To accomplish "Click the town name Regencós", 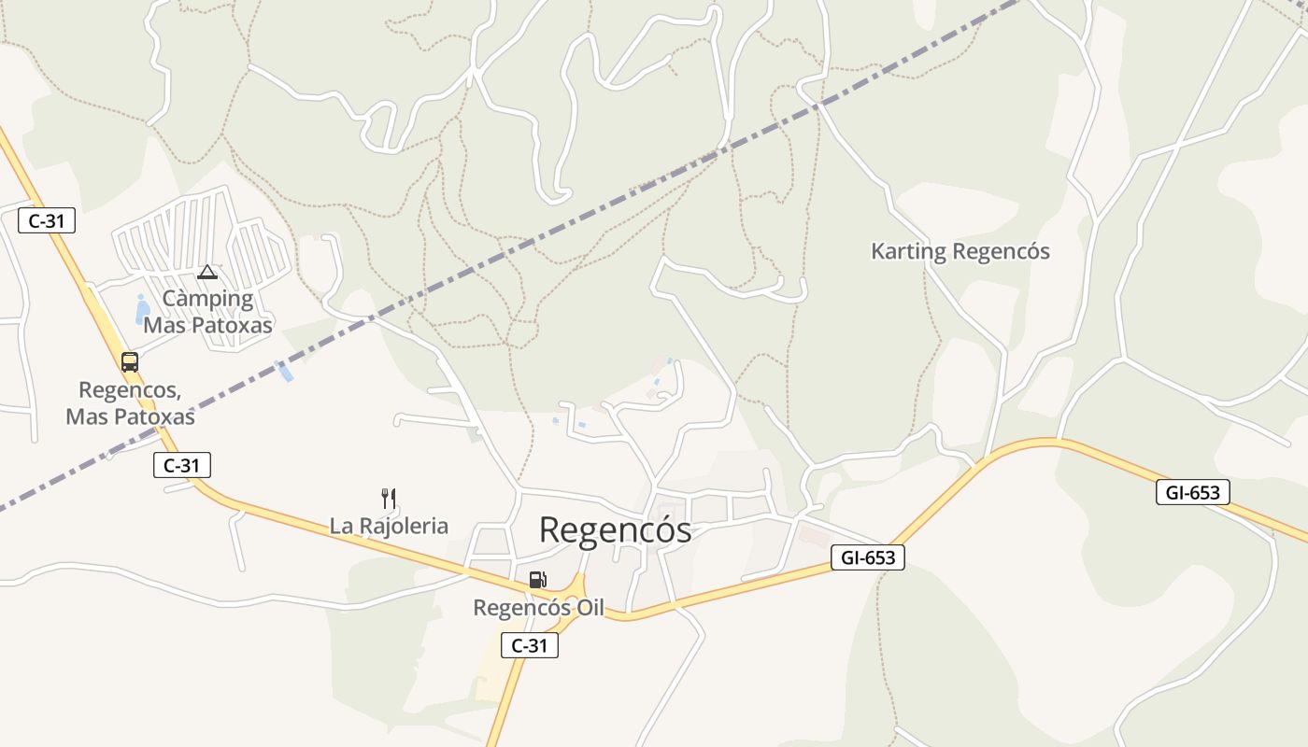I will tap(615, 529).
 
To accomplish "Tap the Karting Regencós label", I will tap(960, 251).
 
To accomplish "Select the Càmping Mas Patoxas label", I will tap(207, 312).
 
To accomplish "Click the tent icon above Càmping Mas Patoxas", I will tap(207, 272).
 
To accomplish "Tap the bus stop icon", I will tap(130, 361).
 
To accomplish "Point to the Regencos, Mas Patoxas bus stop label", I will tap(130, 402).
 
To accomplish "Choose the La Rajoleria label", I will tap(389, 526).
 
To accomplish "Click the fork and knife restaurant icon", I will tap(389, 498).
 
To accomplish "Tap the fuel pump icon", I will tap(536, 580).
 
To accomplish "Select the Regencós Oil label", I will tap(538, 608).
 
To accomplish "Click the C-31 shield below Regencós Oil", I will tap(530, 645).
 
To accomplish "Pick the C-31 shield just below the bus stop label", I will tap(182, 465).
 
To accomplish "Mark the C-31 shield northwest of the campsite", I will tap(47, 221).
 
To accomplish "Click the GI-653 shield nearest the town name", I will tap(868, 558).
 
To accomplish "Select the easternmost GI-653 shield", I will tap(1192, 492).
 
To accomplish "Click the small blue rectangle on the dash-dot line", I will tap(285, 371).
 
